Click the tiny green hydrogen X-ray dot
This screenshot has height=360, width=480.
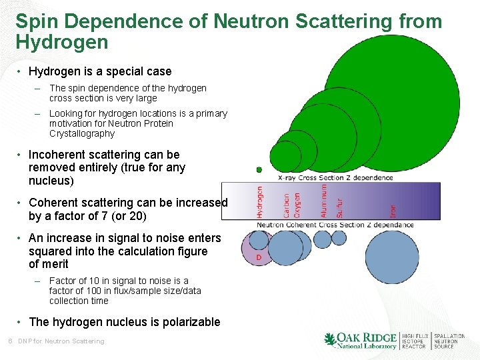(259, 170)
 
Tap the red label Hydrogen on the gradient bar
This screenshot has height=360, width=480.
(259, 201)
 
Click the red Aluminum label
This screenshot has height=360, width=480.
(324, 201)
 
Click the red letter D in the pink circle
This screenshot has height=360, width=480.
(259, 257)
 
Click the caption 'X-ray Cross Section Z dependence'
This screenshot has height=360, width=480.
(335, 177)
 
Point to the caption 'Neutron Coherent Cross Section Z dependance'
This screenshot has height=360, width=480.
(335, 225)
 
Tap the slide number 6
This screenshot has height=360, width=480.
(10, 341)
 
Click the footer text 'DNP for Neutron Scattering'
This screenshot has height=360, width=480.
(61, 341)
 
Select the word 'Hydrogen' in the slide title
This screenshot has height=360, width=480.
(61, 43)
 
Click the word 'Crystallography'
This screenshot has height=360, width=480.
(82, 133)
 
